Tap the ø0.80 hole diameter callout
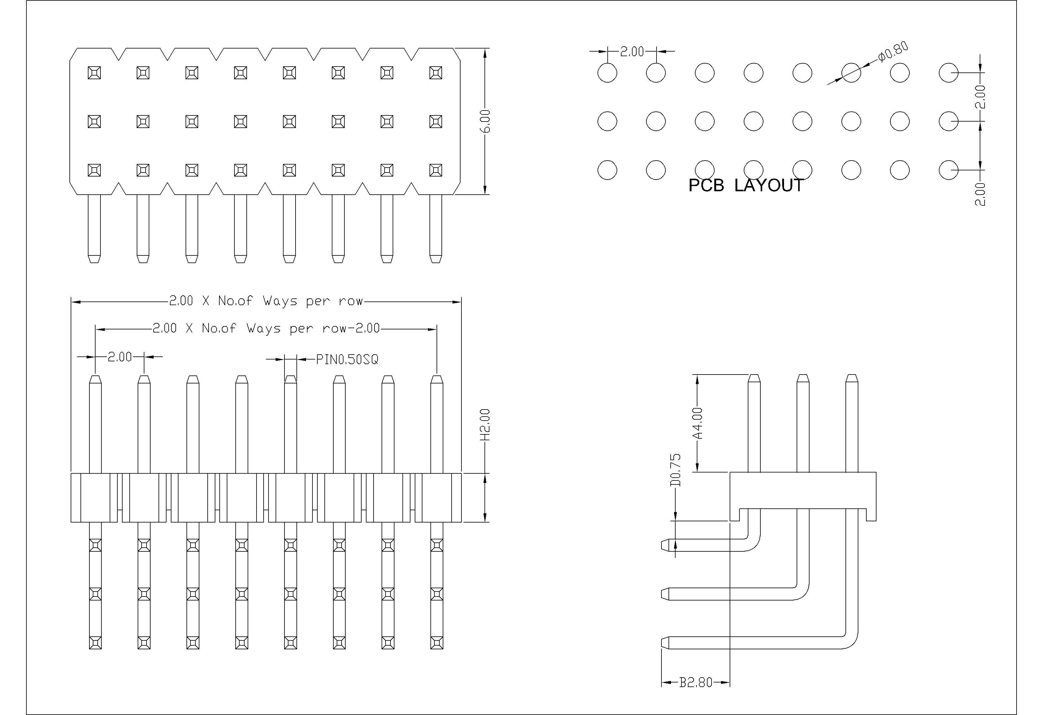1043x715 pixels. tap(893, 52)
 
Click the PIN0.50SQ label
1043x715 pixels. tap(347, 359)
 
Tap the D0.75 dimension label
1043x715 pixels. tap(676, 470)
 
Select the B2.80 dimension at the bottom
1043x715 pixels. tap(695, 682)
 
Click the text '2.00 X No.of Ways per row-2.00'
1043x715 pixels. tap(266, 328)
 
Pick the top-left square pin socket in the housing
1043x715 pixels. tap(94, 73)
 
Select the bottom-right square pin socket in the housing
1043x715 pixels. tap(435, 170)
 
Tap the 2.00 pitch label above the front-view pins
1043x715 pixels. tap(120, 357)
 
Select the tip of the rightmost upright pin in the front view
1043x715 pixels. tap(436, 379)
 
